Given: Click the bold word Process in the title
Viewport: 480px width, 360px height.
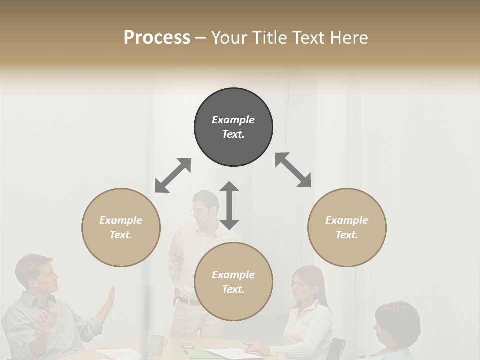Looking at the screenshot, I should [157, 38].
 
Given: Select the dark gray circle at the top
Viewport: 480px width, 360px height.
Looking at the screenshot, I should [233, 127].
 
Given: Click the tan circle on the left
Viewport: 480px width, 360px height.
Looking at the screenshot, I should [121, 227].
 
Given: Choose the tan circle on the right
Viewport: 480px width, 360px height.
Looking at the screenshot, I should [347, 227].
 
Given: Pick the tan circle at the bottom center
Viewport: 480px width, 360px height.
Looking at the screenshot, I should [233, 282].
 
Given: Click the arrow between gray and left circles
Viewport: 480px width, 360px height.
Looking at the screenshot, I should [173, 175].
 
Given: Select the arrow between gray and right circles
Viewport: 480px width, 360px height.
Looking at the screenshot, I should [293, 170].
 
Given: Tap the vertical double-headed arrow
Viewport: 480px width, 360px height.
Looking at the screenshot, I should [229, 205].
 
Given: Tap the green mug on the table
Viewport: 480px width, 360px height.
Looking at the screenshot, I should [158, 344].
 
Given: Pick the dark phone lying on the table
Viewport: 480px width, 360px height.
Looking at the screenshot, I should [188, 346].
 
